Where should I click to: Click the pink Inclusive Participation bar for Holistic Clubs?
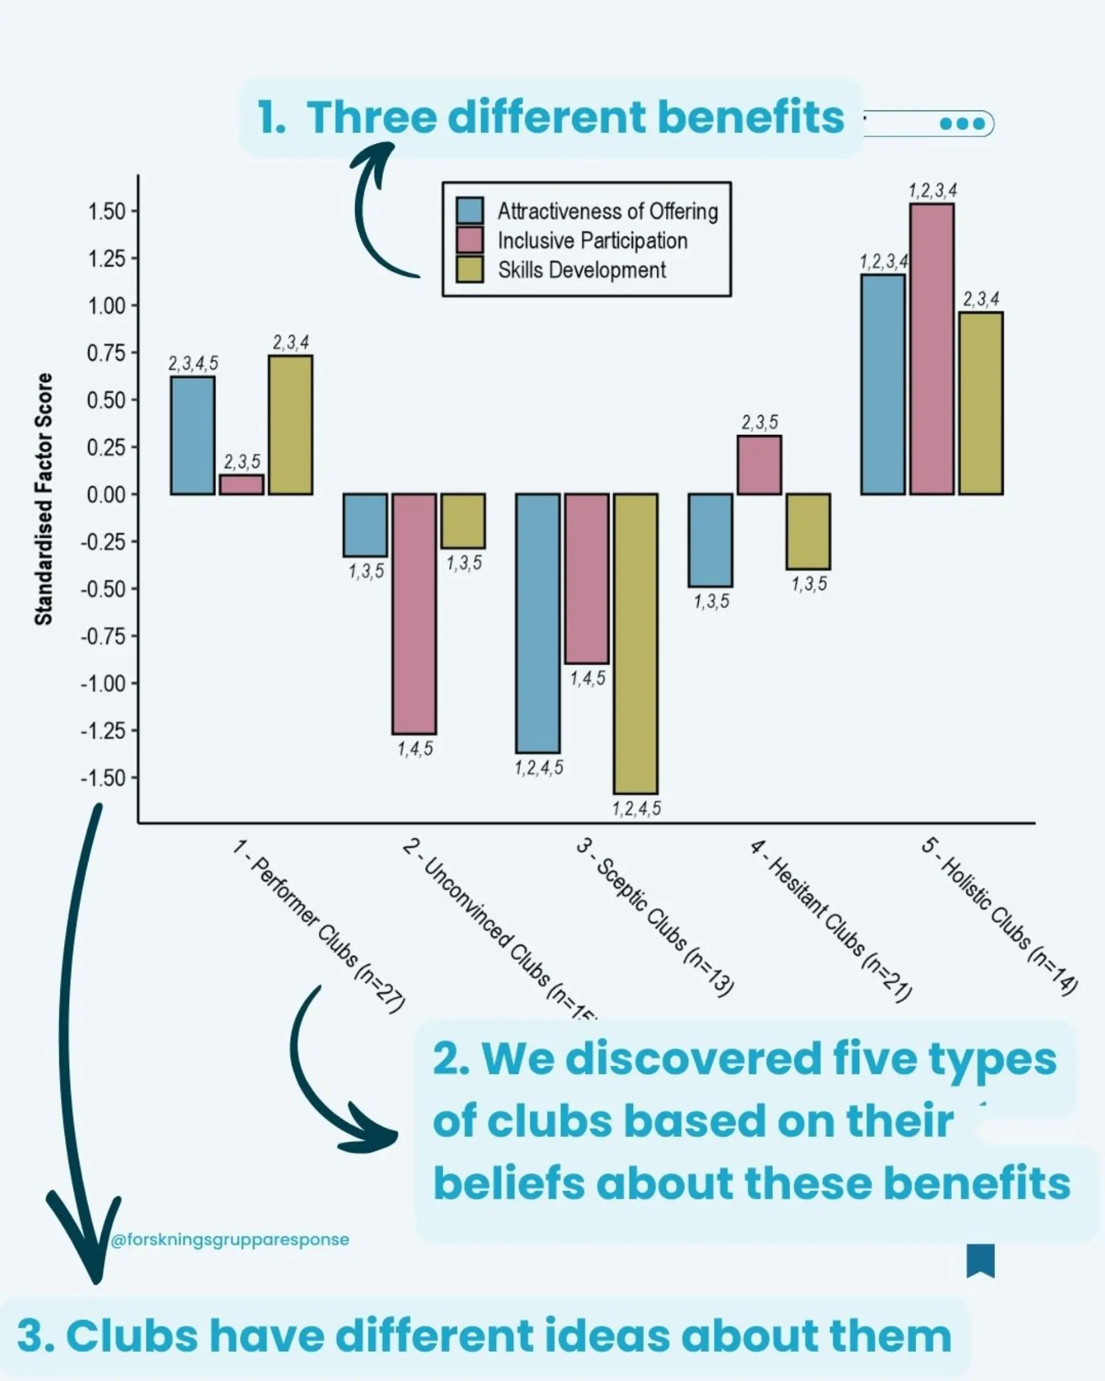[x=931, y=349]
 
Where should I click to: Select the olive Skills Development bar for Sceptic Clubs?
[x=635, y=643]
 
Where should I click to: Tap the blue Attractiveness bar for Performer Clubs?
[x=192, y=436]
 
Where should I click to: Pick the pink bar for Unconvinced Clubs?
[x=414, y=613]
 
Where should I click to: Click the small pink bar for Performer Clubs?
[x=242, y=485]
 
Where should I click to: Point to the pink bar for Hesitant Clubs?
[x=759, y=465]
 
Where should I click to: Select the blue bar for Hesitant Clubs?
[x=710, y=540]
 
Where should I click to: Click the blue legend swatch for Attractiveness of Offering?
[x=470, y=211]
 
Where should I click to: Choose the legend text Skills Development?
[x=582, y=270]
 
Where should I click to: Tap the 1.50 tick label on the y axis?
[x=107, y=211]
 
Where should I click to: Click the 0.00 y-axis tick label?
[x=107, y=494]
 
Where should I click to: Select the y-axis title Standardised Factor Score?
[x=44, y=499]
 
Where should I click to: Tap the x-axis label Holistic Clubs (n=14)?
[x=999, y=917]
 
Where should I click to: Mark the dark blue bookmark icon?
[x=980, y=1261]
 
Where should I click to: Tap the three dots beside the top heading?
[x=962, y=124]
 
